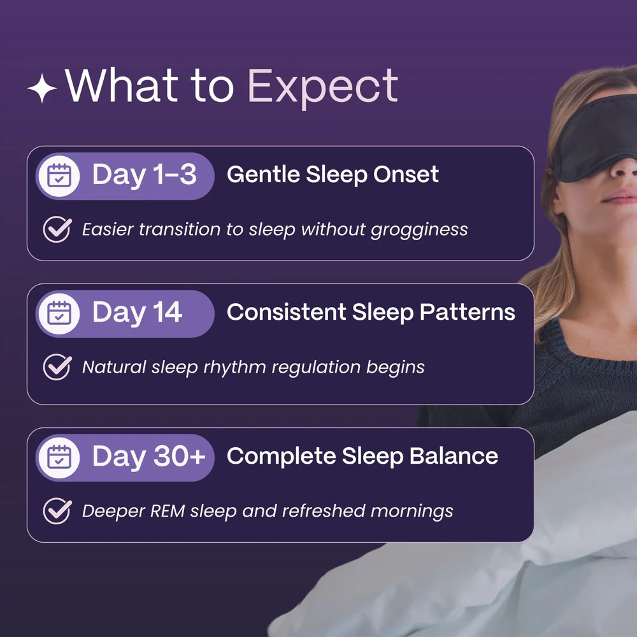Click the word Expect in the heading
pyautogui.click(x=322, y=87)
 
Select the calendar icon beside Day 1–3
pyautogui.click(x=59, y=176)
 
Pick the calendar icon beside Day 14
pyautogui.click(x=59, y=313)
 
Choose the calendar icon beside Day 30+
pyautogui.click(x=59, y=457)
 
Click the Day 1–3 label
pyautogui.click(x=144, y=175)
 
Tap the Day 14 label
pyautogui.click(x=137, y=313)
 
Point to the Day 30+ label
pyautogui.click(x=148, y=457)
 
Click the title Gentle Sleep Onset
pyautogui.click(x=333, y=175)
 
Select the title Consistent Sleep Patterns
pyautogui.click(x=371, y=312)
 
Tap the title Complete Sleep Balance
pyautogui.click(x=362, y=456)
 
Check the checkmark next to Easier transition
pyautogui.click(x=57, y=229)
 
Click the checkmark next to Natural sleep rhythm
pyautogui.click(x=57, y=367)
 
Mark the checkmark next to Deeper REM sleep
pyautogui.click(x=57, y=511)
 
